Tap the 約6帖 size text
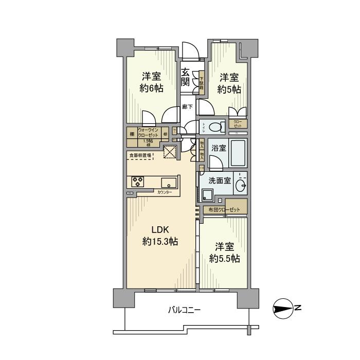(x=152, y=88)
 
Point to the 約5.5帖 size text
(x=225, y=259)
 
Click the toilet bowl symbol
(x=219, y=124)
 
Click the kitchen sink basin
(x=169, y=183)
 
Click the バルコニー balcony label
(x=184, y=310)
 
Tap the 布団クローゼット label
(x=224, y=210)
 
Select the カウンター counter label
(x=165, y=192)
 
